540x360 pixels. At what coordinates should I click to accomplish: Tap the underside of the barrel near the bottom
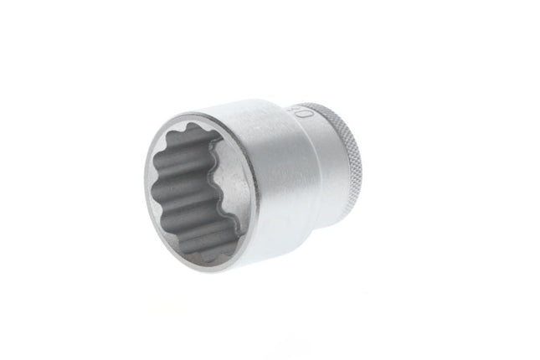tap(268, 251)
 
